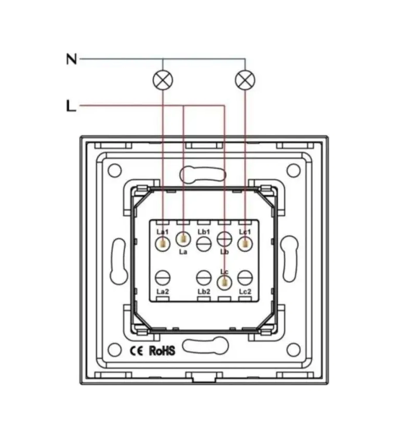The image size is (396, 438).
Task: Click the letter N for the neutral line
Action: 72,59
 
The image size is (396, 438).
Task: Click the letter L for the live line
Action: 71,106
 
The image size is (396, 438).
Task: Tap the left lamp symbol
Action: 163,80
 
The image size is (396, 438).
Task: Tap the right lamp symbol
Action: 245,80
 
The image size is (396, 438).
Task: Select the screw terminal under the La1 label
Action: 163,244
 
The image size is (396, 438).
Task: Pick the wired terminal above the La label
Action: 183,239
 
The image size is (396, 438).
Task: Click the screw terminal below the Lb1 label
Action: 204,244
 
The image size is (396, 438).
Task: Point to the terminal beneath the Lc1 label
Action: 245,244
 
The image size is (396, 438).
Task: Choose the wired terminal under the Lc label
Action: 224,283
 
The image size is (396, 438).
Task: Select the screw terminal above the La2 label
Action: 163,278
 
